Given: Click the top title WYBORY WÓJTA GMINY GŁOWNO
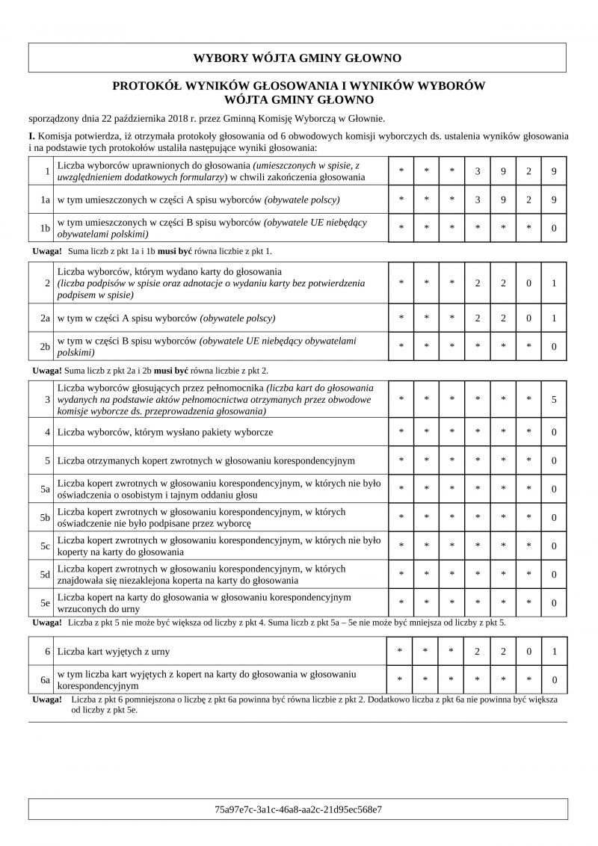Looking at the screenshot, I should [298, 58].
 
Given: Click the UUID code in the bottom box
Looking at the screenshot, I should [298, 809].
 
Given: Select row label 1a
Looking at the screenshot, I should [45, 200].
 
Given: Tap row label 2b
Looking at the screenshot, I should [45, 346].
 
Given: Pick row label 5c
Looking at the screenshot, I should [45, 546].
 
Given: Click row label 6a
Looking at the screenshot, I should [45, 679].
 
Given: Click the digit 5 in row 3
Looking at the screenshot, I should [554, 400].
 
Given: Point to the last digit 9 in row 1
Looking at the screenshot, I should [554, 171].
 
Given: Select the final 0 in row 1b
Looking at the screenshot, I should [554, 228].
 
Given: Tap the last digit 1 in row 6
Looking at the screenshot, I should [554, 651].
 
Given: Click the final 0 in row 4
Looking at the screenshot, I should [554, 432].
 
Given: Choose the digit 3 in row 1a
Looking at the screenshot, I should [477, 200].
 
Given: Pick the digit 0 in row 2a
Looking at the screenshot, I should [528, 318].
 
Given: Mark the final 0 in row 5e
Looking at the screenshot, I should [554, 602].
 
